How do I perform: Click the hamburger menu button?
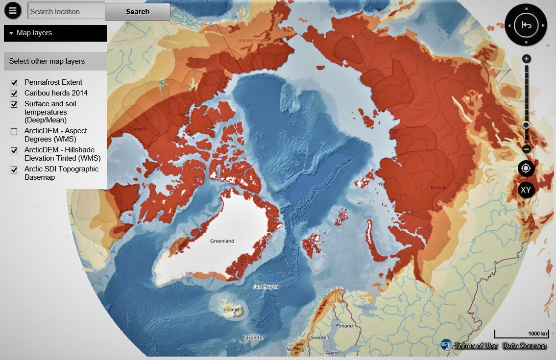pyautogui.click(x=12, y=11)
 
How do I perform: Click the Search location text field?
pyautogui.click(x=66, y=11)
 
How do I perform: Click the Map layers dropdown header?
pyautogui.click(x=55, y=33)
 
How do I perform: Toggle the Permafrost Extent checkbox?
pyautogui.click(x=14, y=83)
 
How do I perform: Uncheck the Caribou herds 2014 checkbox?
pyautogui.click(x=14, y=94)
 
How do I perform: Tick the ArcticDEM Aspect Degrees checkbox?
pyautogui.click(x=14, y=131)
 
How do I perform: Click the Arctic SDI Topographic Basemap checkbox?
pyautogui.click(x=14, y=169)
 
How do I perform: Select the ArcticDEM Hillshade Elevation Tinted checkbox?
pyautogui.click(x=14, y=150)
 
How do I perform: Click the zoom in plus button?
pyautogui.click(x=527, y=59)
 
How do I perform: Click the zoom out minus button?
pyautogui.click(x=527, y=148)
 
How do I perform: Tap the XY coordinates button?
pyautogui.click(x=526, y=190)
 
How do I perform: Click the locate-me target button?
pyautogui.click(x=526, y=168)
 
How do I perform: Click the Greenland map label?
pyautogui.click(x=222, y=241)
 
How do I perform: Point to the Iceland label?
pyautogui.click(x=231, y=310)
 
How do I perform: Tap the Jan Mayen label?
pyautogui.click(x=266, y=287)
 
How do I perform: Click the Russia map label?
pyautogui.click(x=438, y=188)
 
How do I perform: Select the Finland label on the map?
pyautogui.click(x=344, y=326)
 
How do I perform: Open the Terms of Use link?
pyautogui.click(x=476, y=346)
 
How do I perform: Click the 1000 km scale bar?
pyautogui.click(x=521, y=334)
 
